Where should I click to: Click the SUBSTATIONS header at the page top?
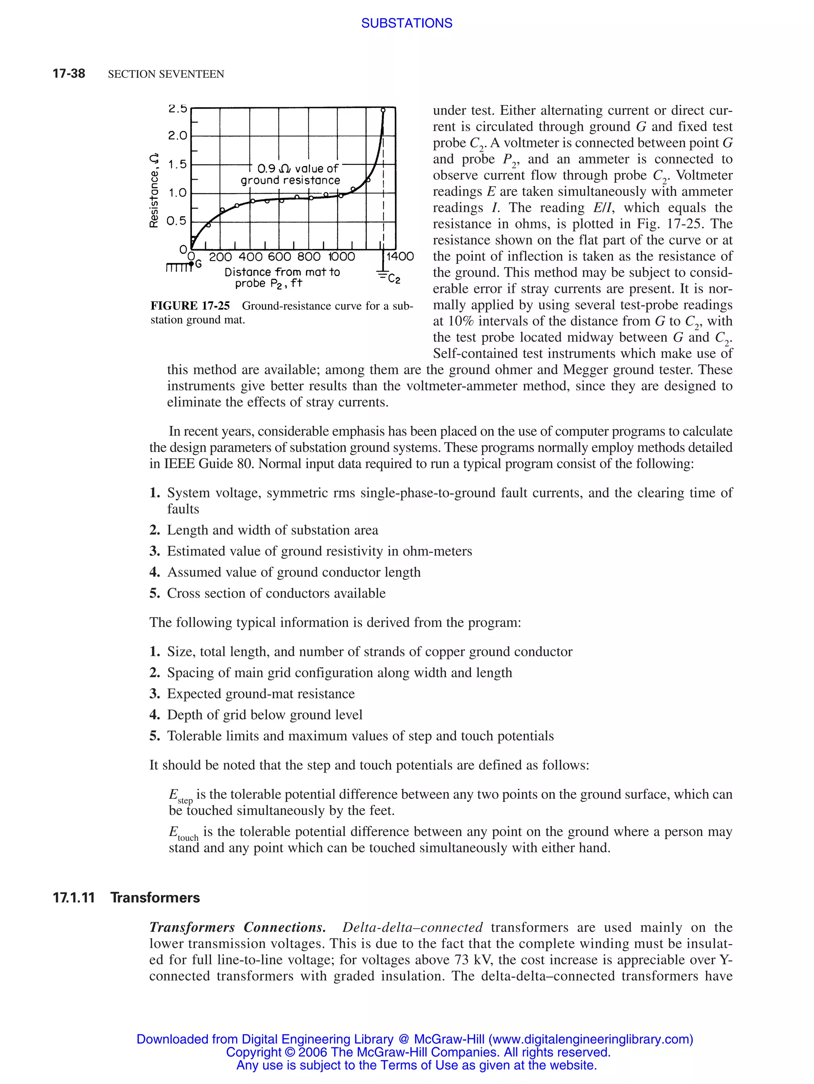406,23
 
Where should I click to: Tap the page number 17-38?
69,74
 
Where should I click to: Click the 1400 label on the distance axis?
399,256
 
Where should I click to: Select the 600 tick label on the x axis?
279,257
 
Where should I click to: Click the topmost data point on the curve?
383,110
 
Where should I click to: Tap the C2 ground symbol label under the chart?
393,279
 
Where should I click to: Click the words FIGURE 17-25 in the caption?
190,306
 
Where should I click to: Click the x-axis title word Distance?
248,272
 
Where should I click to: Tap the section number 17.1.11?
74,898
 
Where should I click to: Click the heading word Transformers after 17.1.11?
155,898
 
